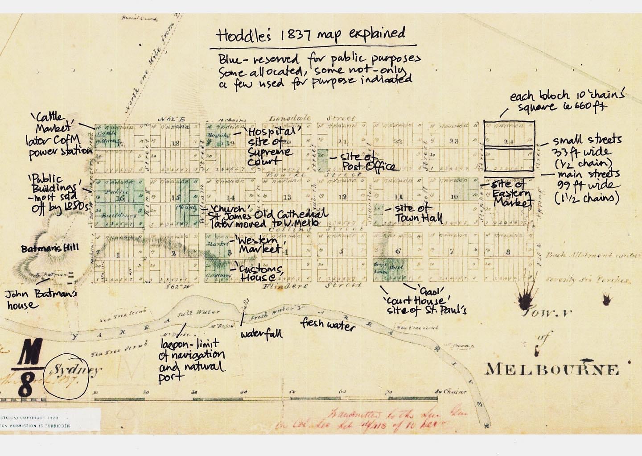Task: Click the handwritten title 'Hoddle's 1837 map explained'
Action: point(311,35)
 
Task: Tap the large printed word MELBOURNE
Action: point(552,369)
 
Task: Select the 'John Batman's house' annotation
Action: point(41,299)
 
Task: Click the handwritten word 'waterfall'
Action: point(262,333)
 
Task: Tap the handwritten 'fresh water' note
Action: point(328,324)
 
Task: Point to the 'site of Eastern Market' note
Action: point(511,193)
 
